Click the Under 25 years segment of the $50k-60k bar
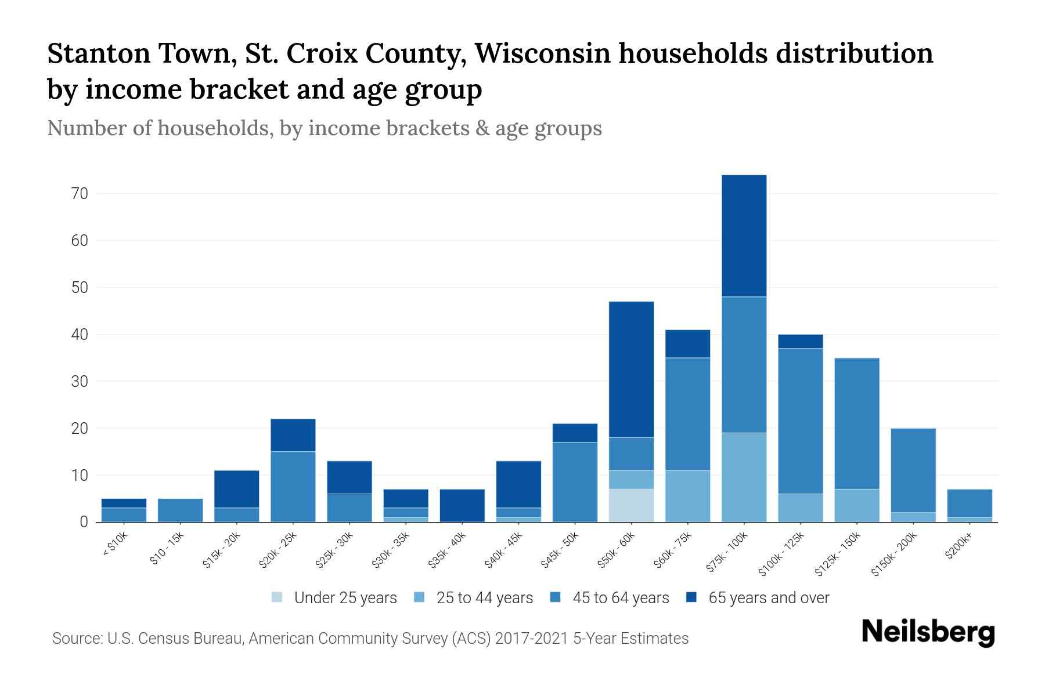[631, 505]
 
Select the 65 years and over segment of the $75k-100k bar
[744, 235]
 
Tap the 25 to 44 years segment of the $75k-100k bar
[744, 477]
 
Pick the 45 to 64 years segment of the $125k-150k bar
[856, 423]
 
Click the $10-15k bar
[180, 510]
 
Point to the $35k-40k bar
[462, 505]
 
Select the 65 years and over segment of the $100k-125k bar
[800, 341]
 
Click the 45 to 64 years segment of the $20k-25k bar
[293, 487]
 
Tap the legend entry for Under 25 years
[334, 597]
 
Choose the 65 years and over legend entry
[758, 597]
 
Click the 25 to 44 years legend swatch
[419, 597]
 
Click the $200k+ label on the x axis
[958, 547]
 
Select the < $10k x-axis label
[116, 545]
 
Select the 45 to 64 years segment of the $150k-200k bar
[913, 470]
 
